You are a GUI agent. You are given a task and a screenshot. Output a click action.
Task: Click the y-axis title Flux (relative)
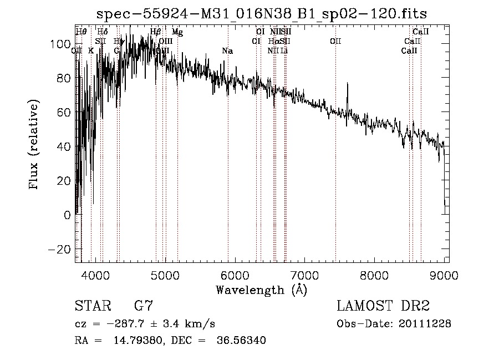click(x=34, y=145)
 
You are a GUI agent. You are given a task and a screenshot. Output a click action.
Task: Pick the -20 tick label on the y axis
click(x=60, y=249)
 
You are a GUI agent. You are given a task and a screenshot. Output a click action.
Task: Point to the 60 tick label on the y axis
click(x=64, y=113)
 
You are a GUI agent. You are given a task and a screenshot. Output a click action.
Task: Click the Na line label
click(x=227, y=51)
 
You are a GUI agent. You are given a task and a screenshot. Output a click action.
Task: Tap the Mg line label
click(x=177, y=32)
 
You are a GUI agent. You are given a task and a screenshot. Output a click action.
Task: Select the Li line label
click(x=284, y=51)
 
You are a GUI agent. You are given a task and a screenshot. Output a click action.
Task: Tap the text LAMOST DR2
click(x=383, y=306)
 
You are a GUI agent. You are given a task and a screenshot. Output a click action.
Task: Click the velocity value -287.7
click(x=128, y=324)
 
